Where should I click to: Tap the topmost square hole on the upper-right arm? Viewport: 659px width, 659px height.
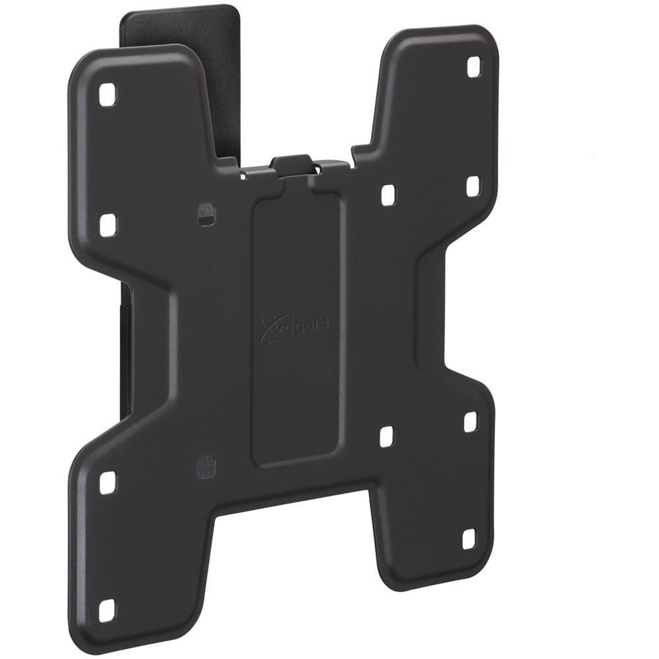pyautogui.click(x=474, y=67)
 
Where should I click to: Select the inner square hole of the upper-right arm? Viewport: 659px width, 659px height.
pyautogui.click(x=388, y=194)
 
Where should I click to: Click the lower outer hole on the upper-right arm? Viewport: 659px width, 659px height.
pyautogui.click(x=473, y=185)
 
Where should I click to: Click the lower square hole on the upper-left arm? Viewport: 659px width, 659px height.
pyautogui.click(x=108, y=225)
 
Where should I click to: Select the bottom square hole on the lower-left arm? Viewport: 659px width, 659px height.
pyautogui.click(x=107, y=610)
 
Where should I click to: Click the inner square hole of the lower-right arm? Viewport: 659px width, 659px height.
pyautogui.click(x=387, y=436)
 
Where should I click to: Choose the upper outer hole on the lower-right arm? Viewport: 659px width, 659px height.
pyautogui.click(x=470, y=422)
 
